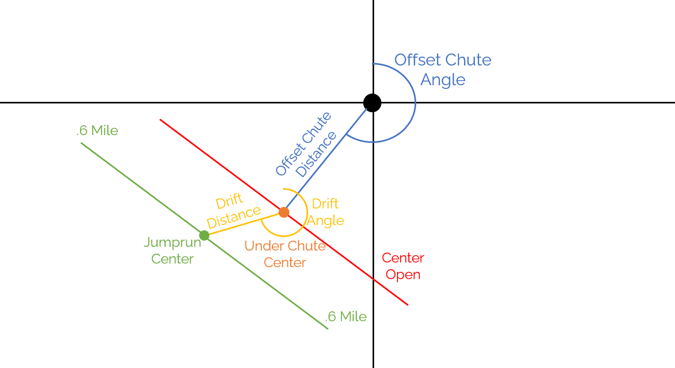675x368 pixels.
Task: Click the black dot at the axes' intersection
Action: coord(372,103)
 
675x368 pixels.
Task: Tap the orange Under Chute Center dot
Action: coord(284,212)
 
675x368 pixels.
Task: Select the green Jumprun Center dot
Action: coord(204,235)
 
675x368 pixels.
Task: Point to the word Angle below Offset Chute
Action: coord(443,80)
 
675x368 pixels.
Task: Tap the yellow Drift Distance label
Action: coord(233,211)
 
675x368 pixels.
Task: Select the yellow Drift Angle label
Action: coord(325,212)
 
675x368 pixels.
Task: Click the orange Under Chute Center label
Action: coord(285,254)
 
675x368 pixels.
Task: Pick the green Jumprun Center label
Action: coord(173,250)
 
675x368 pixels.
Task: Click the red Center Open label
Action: coord(403,266)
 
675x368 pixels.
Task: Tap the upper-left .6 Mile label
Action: coord(97,130)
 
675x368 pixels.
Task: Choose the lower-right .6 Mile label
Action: coord(346,317)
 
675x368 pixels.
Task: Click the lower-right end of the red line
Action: coord(407,305)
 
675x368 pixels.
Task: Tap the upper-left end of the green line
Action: coord(82,143)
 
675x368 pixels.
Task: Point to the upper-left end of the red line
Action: coord(161,120)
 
